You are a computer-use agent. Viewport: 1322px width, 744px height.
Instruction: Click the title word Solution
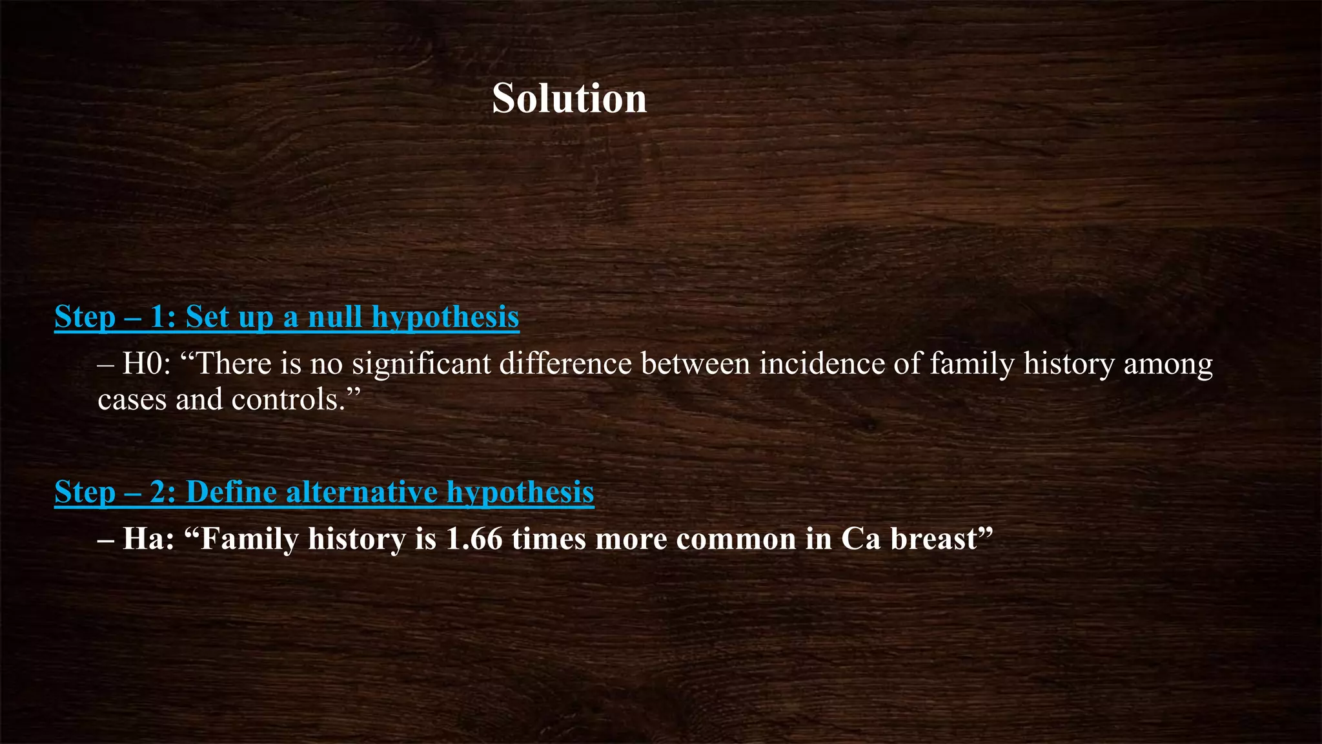[569, 99]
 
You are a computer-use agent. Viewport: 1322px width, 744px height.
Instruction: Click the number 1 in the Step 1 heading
[158, 316]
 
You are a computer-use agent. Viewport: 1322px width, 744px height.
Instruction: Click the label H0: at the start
[147, 364]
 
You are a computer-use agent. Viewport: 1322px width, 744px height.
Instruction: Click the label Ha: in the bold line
[148, 539]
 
